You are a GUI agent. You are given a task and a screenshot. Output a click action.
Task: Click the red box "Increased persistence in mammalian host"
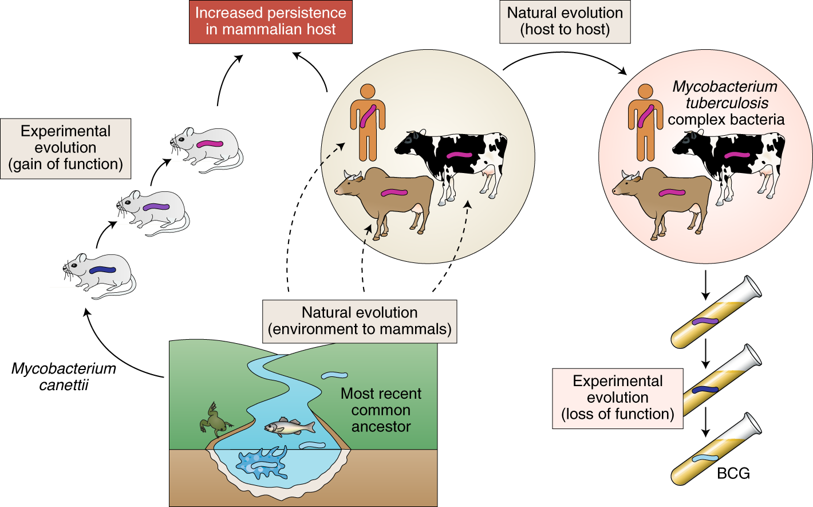coord(270,22)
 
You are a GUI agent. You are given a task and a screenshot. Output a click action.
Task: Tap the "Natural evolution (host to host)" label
coord(565,22)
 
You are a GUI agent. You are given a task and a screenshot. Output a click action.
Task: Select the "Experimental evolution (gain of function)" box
coord(65,148)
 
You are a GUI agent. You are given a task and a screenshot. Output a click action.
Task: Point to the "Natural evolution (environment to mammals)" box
coord(360,321)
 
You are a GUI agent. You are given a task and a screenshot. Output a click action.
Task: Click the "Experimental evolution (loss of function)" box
coord(617,398)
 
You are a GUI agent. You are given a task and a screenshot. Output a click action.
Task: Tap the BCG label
coord(733,473)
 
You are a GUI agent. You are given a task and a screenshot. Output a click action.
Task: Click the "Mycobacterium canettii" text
coord(64,376)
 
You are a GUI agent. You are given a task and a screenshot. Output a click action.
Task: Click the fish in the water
coord(289,427)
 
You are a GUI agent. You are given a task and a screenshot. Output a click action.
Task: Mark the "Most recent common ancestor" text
coord(381,410)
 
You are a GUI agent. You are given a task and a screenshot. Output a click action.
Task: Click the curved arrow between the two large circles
coord(564,57)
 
